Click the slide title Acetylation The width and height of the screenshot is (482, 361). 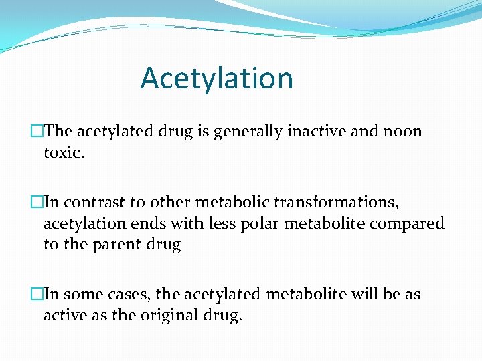coord(216,78)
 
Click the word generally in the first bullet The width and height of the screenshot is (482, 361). coord(258,131)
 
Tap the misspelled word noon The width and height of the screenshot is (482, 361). coord(404,131)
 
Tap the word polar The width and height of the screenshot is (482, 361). coord(259,223)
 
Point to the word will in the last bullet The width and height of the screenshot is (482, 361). coord(366,294)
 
